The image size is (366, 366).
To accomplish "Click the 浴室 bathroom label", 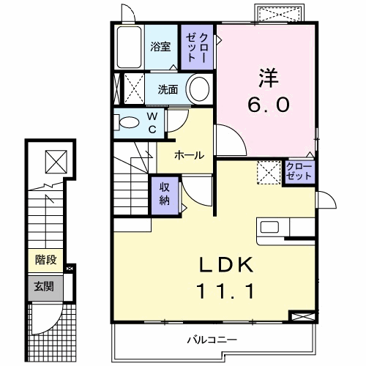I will [x=160, y=47].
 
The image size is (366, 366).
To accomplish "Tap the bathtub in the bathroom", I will [x=128, y=48].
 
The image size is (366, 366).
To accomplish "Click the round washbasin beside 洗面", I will [x=198, y=90].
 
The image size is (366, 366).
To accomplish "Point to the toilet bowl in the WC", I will [x=127, y=122].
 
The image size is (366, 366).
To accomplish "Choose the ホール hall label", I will [x=189, y=154].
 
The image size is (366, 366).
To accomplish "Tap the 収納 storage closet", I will [x=165, y=195].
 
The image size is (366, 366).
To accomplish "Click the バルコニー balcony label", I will [x=211, y=339].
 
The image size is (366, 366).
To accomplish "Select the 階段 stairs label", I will [x=46, y=260].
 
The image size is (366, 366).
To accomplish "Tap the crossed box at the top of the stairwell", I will [x=54, y=160].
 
